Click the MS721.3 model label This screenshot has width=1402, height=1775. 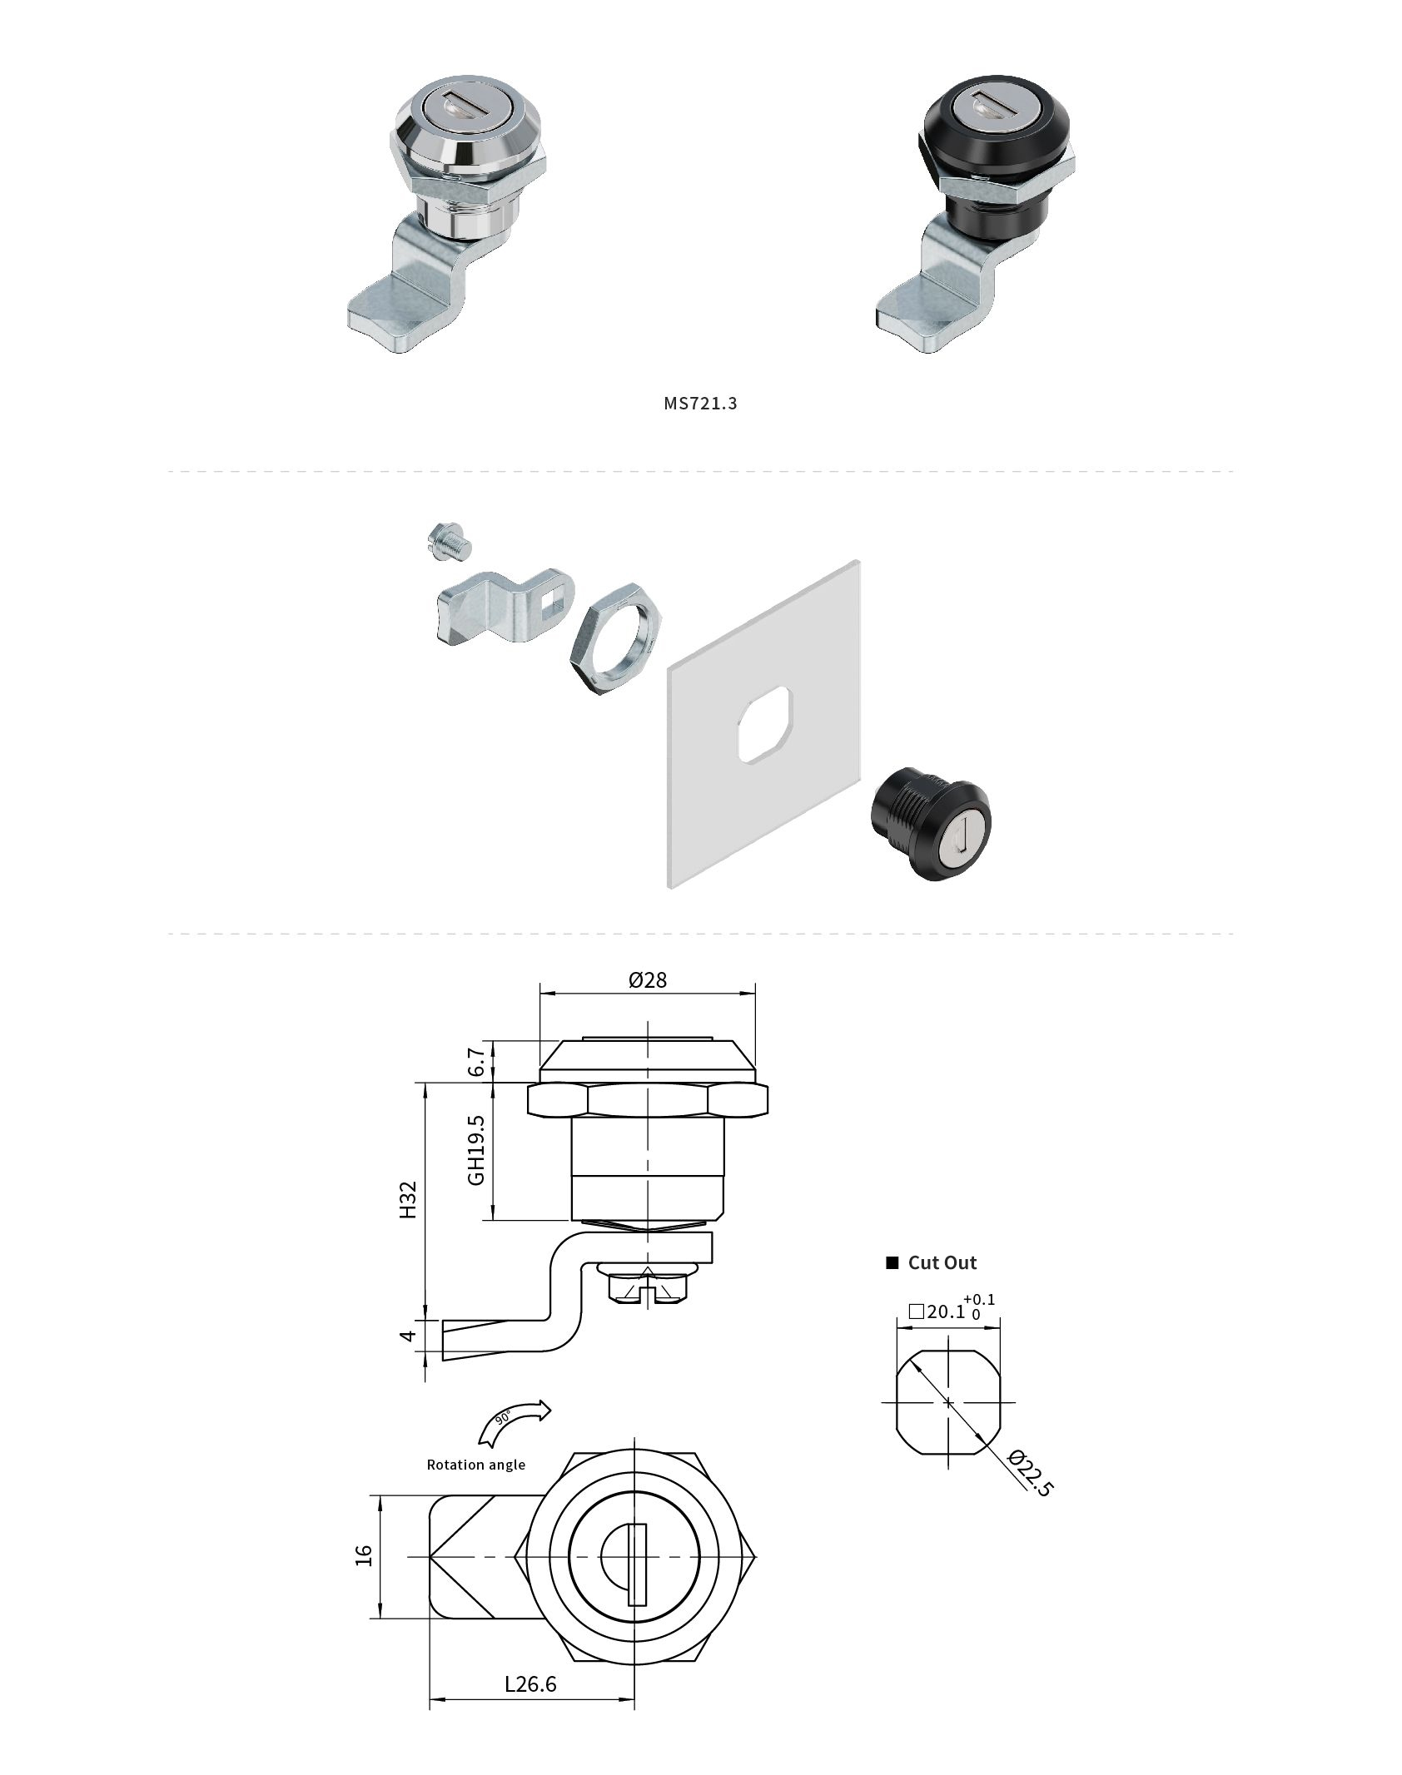(x=700, y=404)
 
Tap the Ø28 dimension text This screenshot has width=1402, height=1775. (x=648, y=979)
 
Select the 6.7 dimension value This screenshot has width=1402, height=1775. (x=477, y=1062)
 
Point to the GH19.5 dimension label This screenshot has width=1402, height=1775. (x=477, y=1150)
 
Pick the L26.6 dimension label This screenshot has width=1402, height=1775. (x=530, y=1684)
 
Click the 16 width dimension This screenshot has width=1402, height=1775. (x=364, y=1555)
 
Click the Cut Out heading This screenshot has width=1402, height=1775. (x=942, y=1262)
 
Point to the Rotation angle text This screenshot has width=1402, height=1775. (x=475, y=1465)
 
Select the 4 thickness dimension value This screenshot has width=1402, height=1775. (x=407, y=1335)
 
